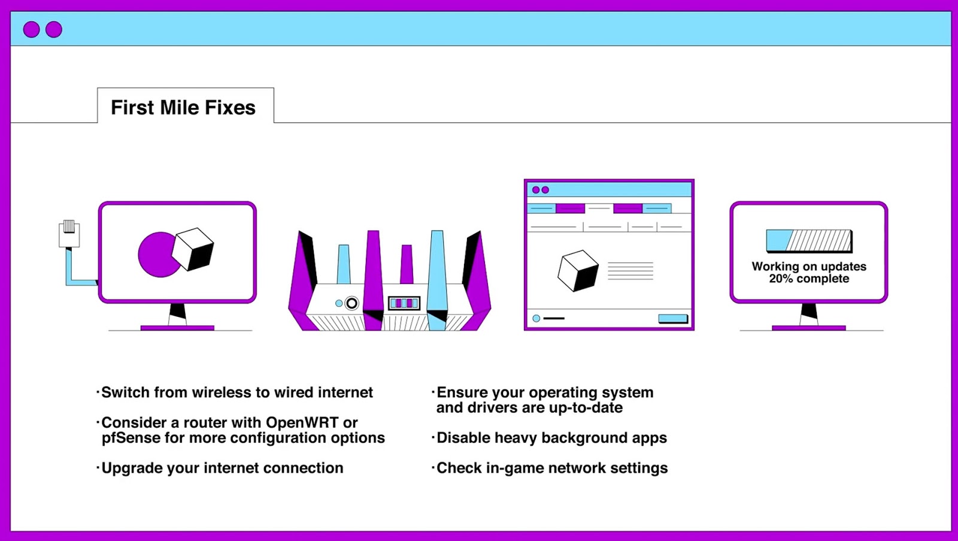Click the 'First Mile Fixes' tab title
pos(183,107)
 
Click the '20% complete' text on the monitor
pos(809,279)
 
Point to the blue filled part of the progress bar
pos(778,240)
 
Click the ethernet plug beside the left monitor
pos(69,234)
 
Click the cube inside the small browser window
pos(578,271)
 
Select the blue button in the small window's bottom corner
pos(673,319)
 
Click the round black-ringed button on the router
pos(351,304)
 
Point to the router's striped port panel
pos(404,303)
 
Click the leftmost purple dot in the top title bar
pos(31,29)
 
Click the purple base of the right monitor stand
pos(809,328)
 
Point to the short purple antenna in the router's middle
pos(407,264)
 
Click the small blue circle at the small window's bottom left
pos(536,319)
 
